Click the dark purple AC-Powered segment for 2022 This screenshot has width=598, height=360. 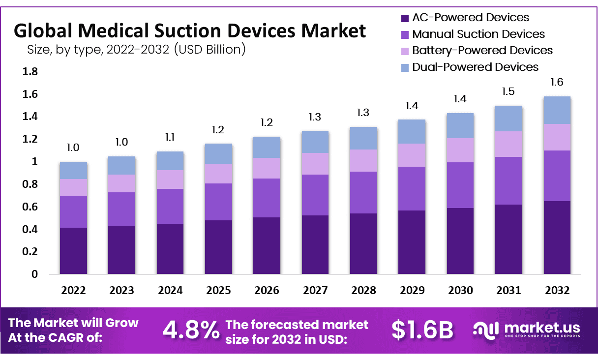73,250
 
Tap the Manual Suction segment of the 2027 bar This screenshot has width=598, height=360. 315,195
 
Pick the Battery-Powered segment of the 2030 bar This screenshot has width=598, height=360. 460,150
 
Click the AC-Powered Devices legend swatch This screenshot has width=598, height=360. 405,18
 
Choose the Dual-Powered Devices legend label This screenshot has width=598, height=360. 475,67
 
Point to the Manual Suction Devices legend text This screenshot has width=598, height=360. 478,34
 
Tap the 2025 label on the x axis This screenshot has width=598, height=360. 218,291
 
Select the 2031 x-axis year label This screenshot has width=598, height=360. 508,291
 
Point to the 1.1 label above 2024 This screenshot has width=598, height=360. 170,137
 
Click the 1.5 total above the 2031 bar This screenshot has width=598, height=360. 508,92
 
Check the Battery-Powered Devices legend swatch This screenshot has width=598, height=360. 405,51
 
